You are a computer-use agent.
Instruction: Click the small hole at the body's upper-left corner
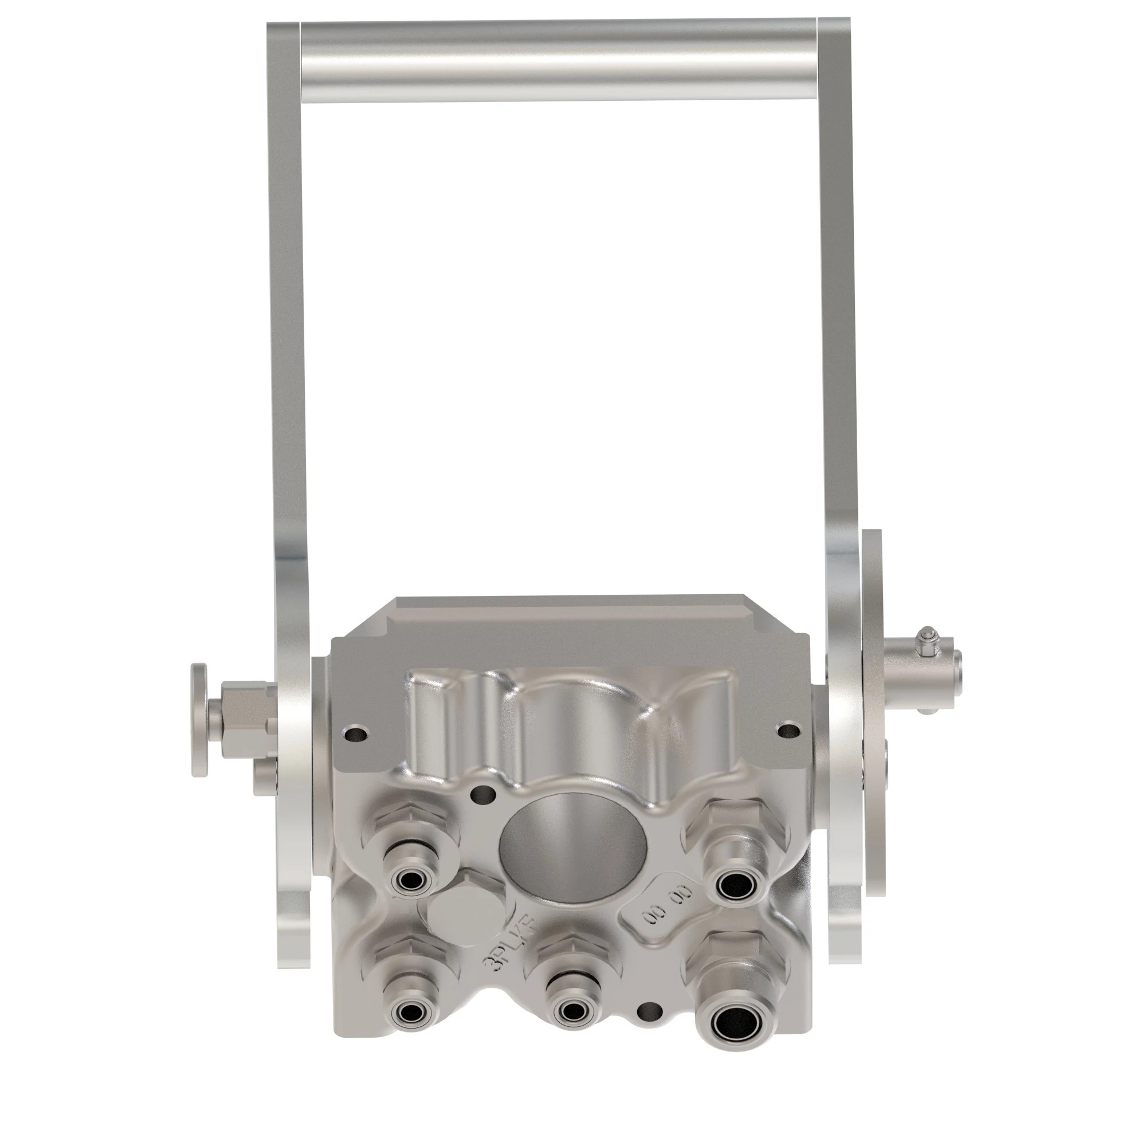click(355, 736)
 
